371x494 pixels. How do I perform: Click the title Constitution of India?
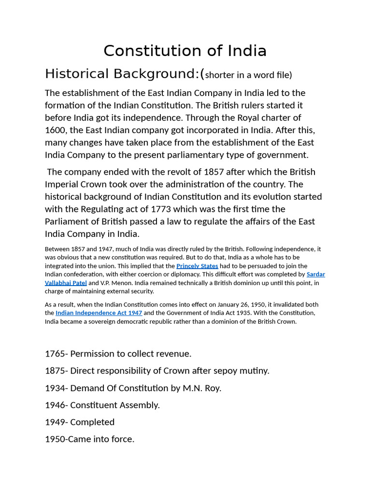(185, 51)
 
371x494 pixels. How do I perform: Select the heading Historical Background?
(122, 74)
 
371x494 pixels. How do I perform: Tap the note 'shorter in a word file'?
(248, 75)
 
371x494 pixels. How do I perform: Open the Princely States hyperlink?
(197, 266)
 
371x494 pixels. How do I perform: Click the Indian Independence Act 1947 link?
(99, 313)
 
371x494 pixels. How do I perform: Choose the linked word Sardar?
(316, 274)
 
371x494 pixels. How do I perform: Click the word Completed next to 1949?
(92, 422)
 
